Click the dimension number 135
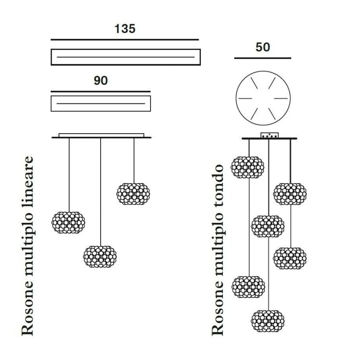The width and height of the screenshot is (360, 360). coord(125,28)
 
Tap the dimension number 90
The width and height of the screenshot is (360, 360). coord(101,81)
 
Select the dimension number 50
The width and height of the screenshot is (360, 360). coord(263,47)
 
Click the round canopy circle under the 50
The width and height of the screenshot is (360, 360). coord(263,98)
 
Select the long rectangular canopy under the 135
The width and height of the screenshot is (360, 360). coord(126,57)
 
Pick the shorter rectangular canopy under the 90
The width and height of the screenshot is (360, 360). coord(101,103)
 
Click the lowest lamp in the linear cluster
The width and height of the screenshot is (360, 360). coord(100,256)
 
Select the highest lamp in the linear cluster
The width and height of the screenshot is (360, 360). coord(133,193)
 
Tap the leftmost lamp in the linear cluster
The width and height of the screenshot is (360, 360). coord(68,223)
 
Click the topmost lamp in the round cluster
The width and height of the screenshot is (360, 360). coord(247,167)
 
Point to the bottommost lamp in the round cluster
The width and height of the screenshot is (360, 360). coord(268,320)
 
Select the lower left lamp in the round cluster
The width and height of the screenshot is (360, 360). coord(248,287)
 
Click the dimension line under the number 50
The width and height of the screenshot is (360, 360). coord(263,58)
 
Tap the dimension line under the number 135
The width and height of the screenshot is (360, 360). coord(125,40)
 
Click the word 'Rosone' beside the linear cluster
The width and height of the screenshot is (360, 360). coord(28,311)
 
